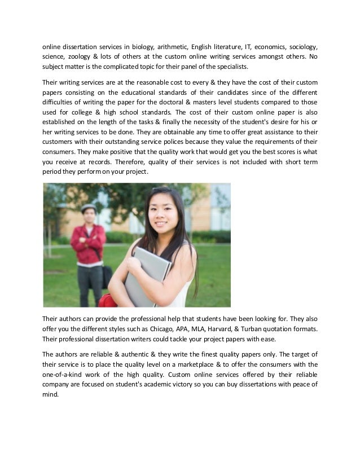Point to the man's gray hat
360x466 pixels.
[89, 208]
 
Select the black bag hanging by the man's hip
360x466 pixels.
[107, 276]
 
